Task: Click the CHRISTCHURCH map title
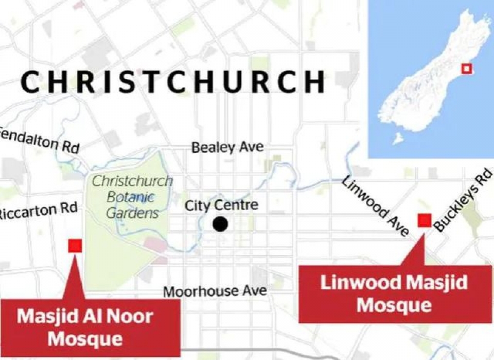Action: tap(173, 82)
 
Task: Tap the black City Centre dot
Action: tap(220, 225)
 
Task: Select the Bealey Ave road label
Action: tap(227, 147)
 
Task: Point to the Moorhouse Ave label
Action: tap(215, 291)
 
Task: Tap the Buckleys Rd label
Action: tap(463, 199)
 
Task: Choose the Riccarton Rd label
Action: tap(39, 211)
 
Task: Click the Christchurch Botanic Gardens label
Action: tap(132, 197)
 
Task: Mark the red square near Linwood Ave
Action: tap(425, 220)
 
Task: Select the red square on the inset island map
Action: tap(466, 69)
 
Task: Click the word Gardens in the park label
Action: tap(133, 212)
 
